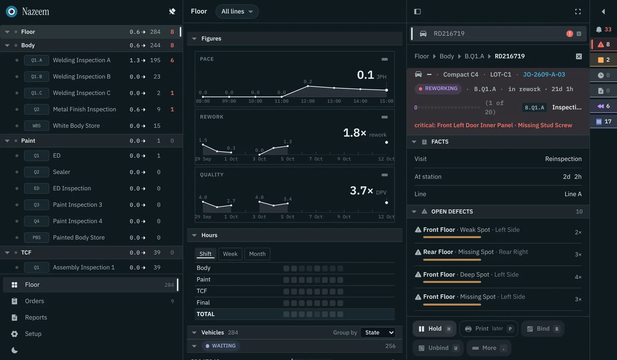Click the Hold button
(x=434, y=329)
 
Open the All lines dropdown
(x=237, y=12)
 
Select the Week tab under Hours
(x=230, y=254)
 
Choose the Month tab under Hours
(x=257, y=254)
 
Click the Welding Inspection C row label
(x=81, y=93)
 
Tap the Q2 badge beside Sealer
(x=36, y=172)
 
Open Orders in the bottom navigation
(x=34, y=301)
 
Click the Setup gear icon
(x=14, y=334)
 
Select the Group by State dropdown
(x=378, y=333)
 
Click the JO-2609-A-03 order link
(x=544, y=75)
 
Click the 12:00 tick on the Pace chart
(x=308, y=101)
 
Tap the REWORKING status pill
(x=438, y=89)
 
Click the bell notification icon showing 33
(x=599, y=30)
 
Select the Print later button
(x=489, y=329)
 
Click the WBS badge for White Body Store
(x=36, y=126)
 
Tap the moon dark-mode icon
(x=15, y=350)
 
